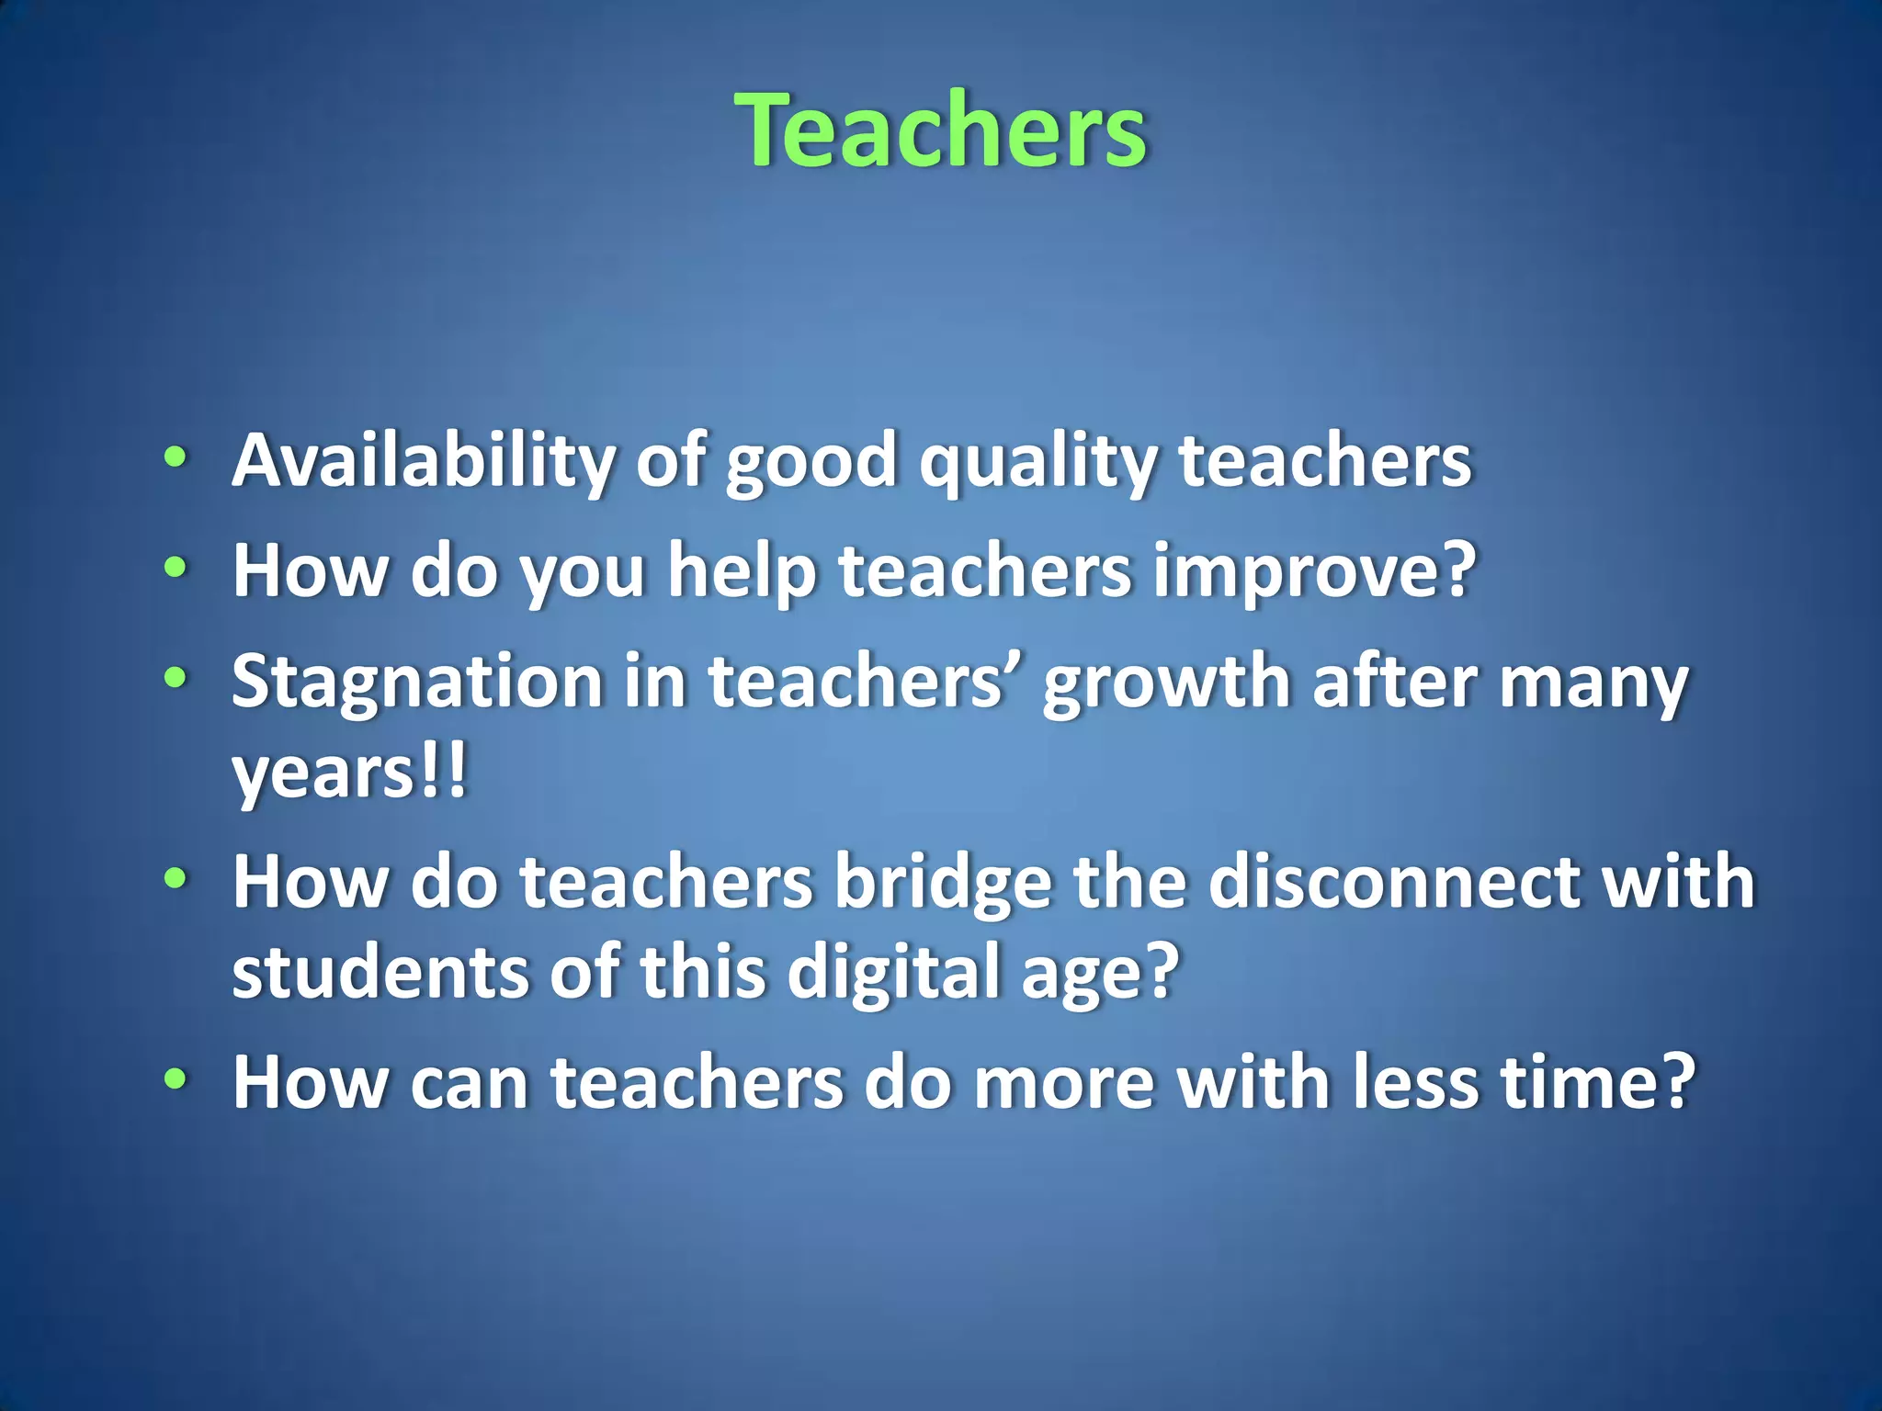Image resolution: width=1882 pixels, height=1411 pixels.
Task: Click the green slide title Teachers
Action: point(941,130)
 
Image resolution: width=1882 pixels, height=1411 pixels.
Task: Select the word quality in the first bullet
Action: point(1038,463)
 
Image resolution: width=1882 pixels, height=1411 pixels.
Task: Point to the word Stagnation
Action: point(416,683)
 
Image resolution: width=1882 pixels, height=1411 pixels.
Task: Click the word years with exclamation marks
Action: point(349,773)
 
